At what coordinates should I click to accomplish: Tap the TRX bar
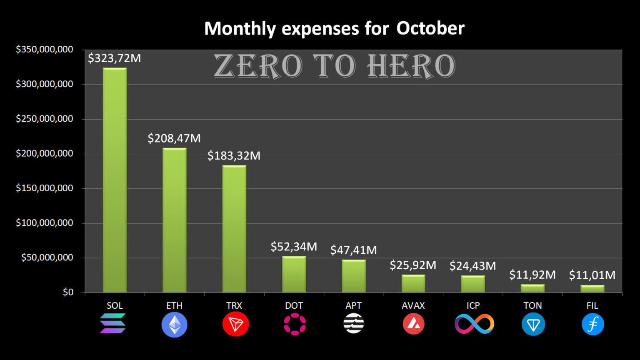tap(234, 229)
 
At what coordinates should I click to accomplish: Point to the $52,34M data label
tap(294, 247)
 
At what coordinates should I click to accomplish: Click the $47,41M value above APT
tap(353, 250)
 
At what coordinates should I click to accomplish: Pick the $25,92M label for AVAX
tap(413, 265)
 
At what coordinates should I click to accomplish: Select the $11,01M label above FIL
tap(592, 275)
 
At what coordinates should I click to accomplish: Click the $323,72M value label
tap(114, 58)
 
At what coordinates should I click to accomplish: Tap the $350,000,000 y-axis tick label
tap(45, 50)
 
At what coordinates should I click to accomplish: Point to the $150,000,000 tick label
tap(45, 188)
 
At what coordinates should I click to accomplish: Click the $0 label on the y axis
tap(68, 292)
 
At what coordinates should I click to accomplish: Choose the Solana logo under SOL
tap(113, 324)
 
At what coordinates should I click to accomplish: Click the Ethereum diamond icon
tap(174, 325)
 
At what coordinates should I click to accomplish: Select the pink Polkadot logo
tap(295, 324)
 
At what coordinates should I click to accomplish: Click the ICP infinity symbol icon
tap(474, 324)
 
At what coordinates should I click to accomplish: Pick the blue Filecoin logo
tap(592, 324)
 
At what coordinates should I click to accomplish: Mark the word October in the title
tap(430, 28)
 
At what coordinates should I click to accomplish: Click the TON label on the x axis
tap(532, 305)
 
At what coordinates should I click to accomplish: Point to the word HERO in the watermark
tap(411, 66)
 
